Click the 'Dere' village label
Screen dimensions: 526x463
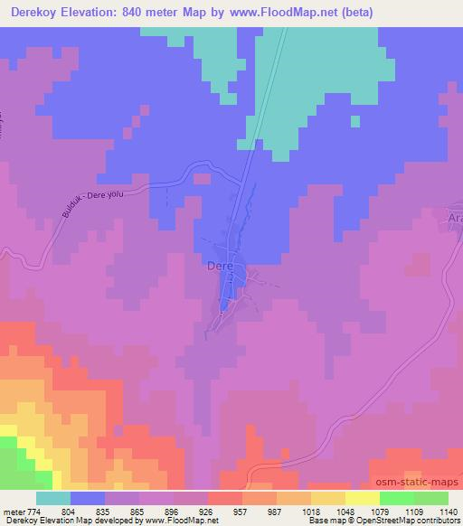tap(221, 267)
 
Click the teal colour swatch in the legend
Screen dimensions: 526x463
tap(53, 498)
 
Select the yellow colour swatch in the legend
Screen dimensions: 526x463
tap(361, 498)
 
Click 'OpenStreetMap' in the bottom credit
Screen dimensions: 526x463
tap(381, 521)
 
